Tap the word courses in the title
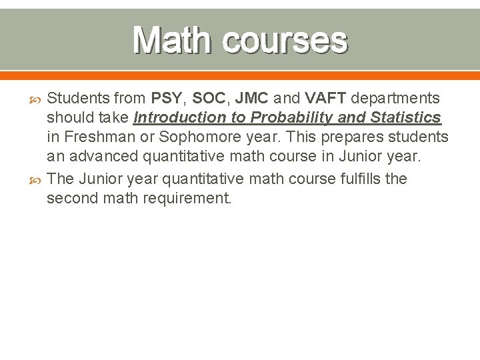click(285, 41)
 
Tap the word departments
click(395, 99)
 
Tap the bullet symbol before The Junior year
click(35, 179)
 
